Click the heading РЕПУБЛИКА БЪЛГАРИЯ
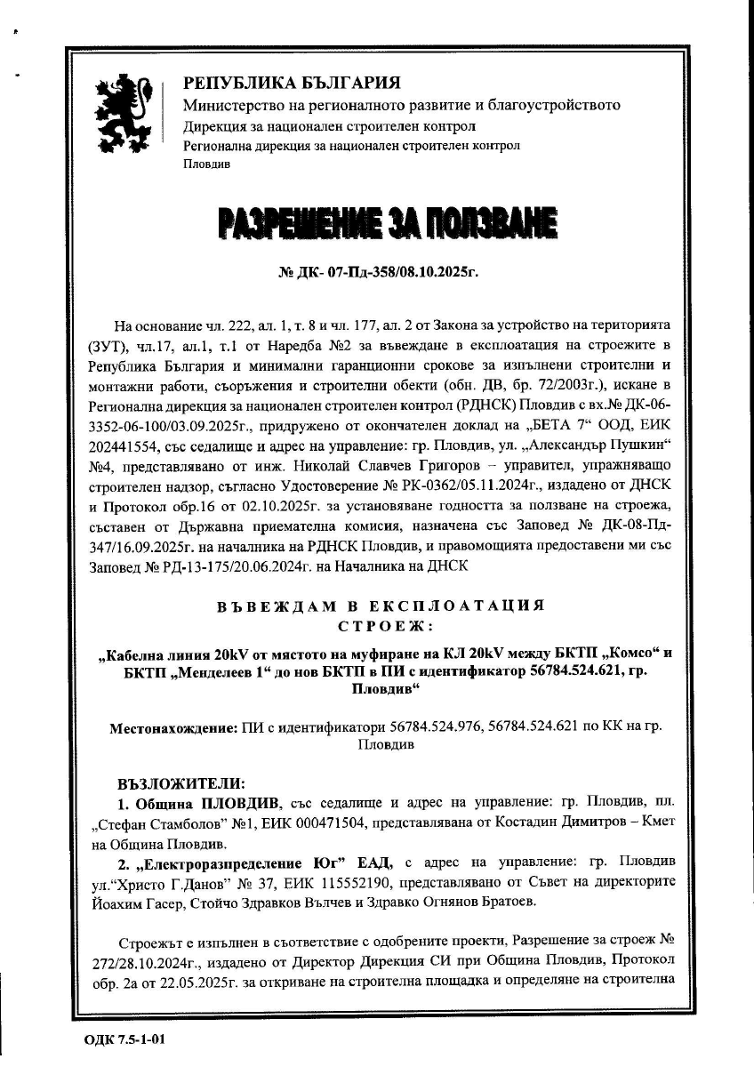point(292,84)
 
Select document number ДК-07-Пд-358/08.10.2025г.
point(378,270)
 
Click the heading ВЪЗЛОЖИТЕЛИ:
point(180,784)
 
